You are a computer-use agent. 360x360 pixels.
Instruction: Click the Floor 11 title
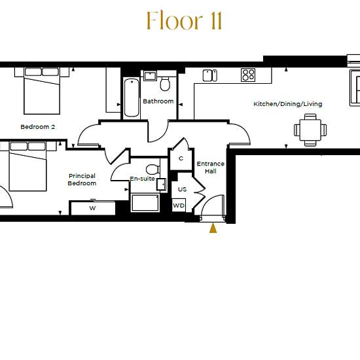click(x=185, y=21)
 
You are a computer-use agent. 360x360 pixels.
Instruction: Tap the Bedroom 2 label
click(x=38, y=127)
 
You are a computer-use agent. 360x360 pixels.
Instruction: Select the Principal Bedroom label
click(x=82, y=179)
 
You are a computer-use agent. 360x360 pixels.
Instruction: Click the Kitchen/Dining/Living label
click(x=288, y=104)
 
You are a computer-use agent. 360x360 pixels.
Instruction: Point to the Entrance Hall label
click(x=210, y=168)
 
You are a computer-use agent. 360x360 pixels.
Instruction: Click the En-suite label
click(x=142, y=179)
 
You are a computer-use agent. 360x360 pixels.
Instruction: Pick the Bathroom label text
click(x=158, y=101)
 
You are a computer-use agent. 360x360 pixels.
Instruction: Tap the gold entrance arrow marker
click(x=213, y=228)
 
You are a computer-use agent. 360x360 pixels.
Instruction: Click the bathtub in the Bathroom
click(x=132, y=98)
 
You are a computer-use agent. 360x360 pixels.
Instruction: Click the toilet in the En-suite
click(x=153, y=170)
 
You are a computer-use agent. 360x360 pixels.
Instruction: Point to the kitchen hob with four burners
click(x=248, y=75)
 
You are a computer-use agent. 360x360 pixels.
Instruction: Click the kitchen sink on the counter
click(x=210, y=75)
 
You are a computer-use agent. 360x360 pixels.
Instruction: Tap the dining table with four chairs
click(x=310, y=130)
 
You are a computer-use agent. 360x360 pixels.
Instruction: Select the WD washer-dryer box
click(x=179, y=206)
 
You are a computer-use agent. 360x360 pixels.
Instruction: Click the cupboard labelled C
click(x=181, y=158)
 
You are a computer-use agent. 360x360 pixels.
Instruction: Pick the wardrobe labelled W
click(x=92, y=208)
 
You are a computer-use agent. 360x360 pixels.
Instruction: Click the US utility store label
click(x=182, y=189)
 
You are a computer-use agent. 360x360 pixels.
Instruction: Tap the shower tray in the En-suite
click(x=145, y=203)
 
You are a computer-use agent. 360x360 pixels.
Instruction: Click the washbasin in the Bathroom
click(x=150, y=76)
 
